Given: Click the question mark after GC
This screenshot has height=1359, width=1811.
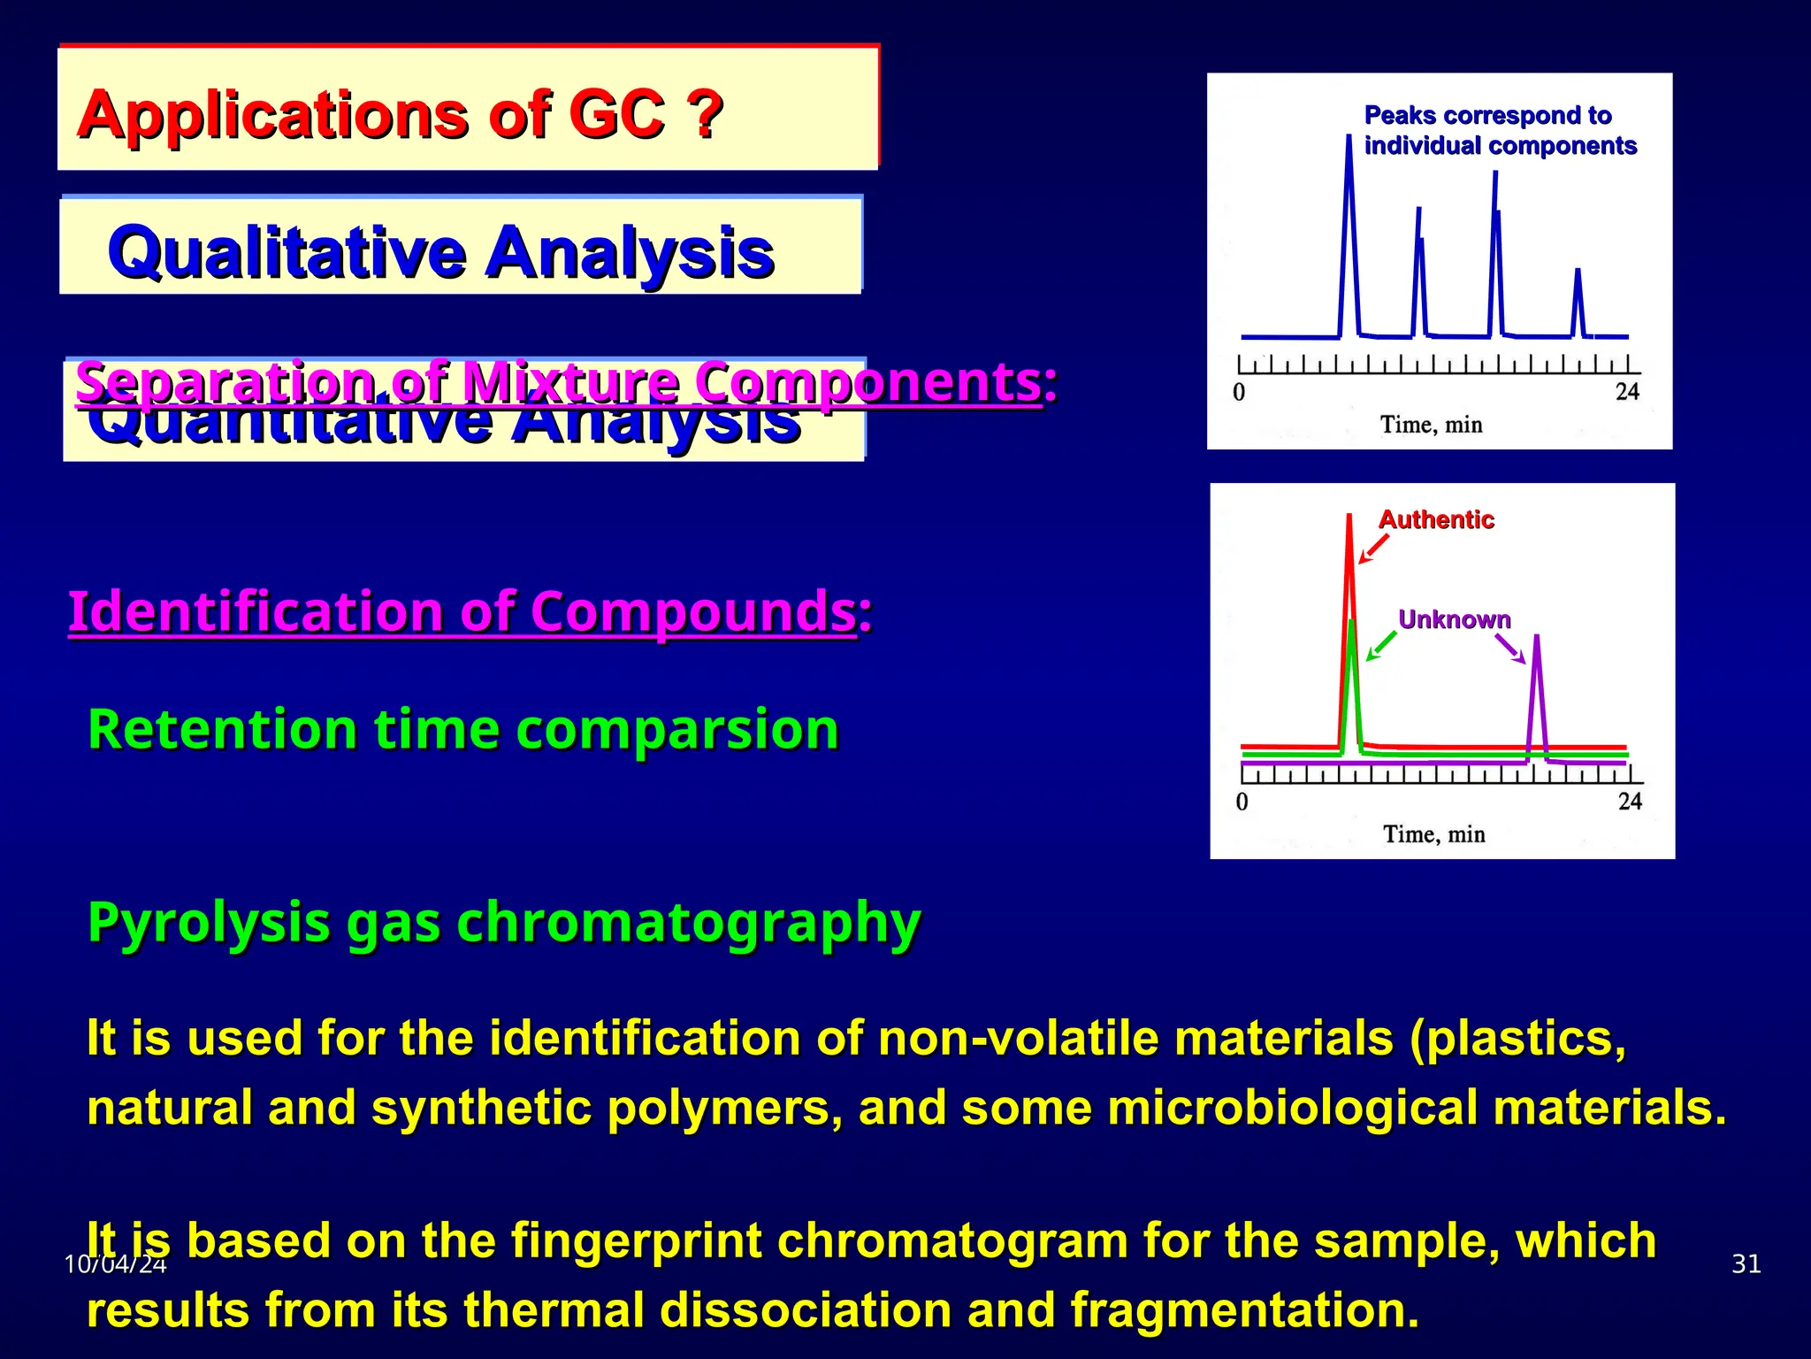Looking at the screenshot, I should coord(705,115).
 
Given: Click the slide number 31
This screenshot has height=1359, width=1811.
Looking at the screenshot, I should coord(1746,1263).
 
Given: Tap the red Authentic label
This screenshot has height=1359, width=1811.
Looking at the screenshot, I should coord(1436,519).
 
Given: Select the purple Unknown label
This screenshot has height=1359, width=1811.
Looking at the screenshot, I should coord(1454,619).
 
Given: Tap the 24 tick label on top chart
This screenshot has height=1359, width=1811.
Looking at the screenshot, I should coord(1627,392).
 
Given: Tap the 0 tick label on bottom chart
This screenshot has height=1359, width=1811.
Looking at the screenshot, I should coord(1242,802).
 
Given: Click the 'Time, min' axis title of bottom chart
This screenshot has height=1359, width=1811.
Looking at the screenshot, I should coord(1433,834).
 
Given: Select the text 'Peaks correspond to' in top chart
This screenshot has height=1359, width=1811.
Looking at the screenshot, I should coord(1487,115).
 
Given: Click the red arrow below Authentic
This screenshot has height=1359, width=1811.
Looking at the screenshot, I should coord(1372,549).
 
